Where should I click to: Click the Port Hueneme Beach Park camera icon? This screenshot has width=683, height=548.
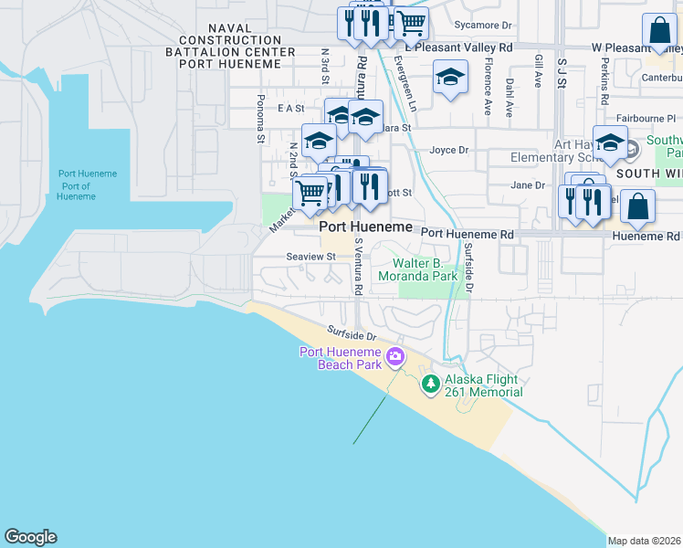click(x=395, y=356)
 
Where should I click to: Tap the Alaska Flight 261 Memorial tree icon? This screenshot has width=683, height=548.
click(x=431, y=385)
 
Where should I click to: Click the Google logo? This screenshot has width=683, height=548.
click(x=30, y=537)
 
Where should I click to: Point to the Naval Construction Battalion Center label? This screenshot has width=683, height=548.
click(x=236, y=47)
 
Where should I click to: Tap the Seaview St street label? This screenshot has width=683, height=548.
click(x=310, y=257)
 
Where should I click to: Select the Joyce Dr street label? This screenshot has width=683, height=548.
click(x=449, y=150)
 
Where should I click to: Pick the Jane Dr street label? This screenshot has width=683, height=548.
click(x=527, y=184)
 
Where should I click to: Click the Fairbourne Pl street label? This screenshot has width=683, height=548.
click(x=646, y=118)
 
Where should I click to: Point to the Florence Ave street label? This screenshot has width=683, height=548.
click(x=488, y=89)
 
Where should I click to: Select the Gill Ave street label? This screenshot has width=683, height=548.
click(x=538, y=70)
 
